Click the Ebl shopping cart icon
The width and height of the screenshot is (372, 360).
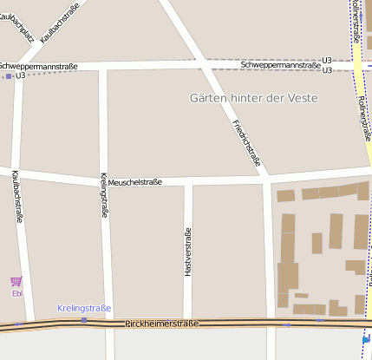[x=16, y=281]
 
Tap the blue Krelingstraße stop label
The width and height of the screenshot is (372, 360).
[x=84, y=308]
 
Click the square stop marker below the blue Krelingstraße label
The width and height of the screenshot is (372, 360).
[x=84, y=319]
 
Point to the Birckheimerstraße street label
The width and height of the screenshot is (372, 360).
[x=161, y=324]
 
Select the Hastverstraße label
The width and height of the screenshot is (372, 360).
[x=187, y=252]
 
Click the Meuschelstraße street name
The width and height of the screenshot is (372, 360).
[x=134, y=181]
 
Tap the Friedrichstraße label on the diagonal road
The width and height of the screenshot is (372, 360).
[x=246, y=141]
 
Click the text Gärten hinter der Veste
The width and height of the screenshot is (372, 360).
[x=253, y=98]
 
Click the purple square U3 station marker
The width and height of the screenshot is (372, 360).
[x=9, y=76]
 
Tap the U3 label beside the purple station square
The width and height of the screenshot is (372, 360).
[x=21, y=76]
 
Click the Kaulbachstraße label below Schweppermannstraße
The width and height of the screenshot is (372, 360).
[x=16, y=197]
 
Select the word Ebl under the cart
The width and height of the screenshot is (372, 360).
[x=16, y=293]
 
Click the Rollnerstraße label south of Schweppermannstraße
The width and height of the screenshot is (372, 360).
[x=363, y=117]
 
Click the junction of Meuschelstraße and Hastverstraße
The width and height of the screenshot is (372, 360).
[x=187, y=182]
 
